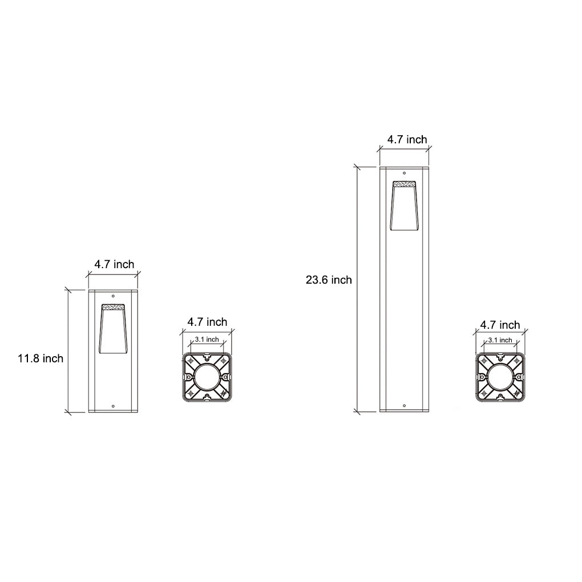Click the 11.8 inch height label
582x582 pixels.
click(40, 359)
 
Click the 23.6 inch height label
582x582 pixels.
click(329, 280)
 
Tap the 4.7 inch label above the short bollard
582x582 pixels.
click(114, 264)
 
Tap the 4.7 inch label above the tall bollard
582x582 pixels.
click(407, 139)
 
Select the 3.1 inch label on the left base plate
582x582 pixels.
click(207, 339)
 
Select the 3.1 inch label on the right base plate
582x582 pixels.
click(500, 341)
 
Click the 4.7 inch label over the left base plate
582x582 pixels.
click(207, 322)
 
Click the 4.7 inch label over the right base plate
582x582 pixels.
click(500, 325)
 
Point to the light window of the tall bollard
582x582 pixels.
click(404, 207)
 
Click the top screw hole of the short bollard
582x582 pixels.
click(113, 297)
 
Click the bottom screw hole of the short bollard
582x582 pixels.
click(113, 406)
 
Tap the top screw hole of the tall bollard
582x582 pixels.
click(405, 172)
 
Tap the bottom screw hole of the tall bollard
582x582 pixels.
click(405, 406)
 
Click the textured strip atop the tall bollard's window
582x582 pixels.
click(404, 184)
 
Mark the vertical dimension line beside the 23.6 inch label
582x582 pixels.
click(357, 288)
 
